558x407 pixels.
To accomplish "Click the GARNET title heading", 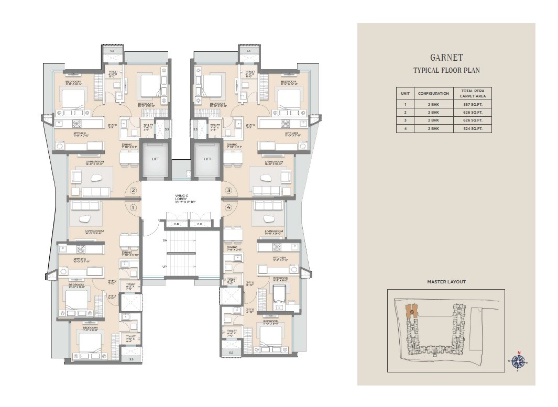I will [446, 58].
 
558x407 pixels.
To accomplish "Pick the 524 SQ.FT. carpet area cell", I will [472, 128].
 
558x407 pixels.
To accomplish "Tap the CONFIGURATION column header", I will [433, 94].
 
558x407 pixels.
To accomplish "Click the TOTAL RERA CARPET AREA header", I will [472, 94].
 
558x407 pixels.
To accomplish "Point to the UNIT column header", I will [405, 94].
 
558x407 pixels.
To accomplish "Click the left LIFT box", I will [155, 159].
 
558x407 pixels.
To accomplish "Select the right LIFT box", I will [207, 159].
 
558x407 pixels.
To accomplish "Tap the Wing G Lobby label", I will [181, 198].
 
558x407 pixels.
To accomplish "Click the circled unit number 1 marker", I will [133, 207].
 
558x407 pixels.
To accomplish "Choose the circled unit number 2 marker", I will [133, 191].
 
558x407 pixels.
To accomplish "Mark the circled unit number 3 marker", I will [228, 191].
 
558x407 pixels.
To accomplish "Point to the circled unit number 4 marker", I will [228, 207].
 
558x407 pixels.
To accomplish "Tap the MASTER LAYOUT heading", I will [446, 282].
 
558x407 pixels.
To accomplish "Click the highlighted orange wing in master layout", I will [410, 312].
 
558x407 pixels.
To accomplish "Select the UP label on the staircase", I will [165, 267].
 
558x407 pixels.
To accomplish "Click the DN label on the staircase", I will [165, 240].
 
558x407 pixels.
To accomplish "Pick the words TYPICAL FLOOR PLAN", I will [446, 70].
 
